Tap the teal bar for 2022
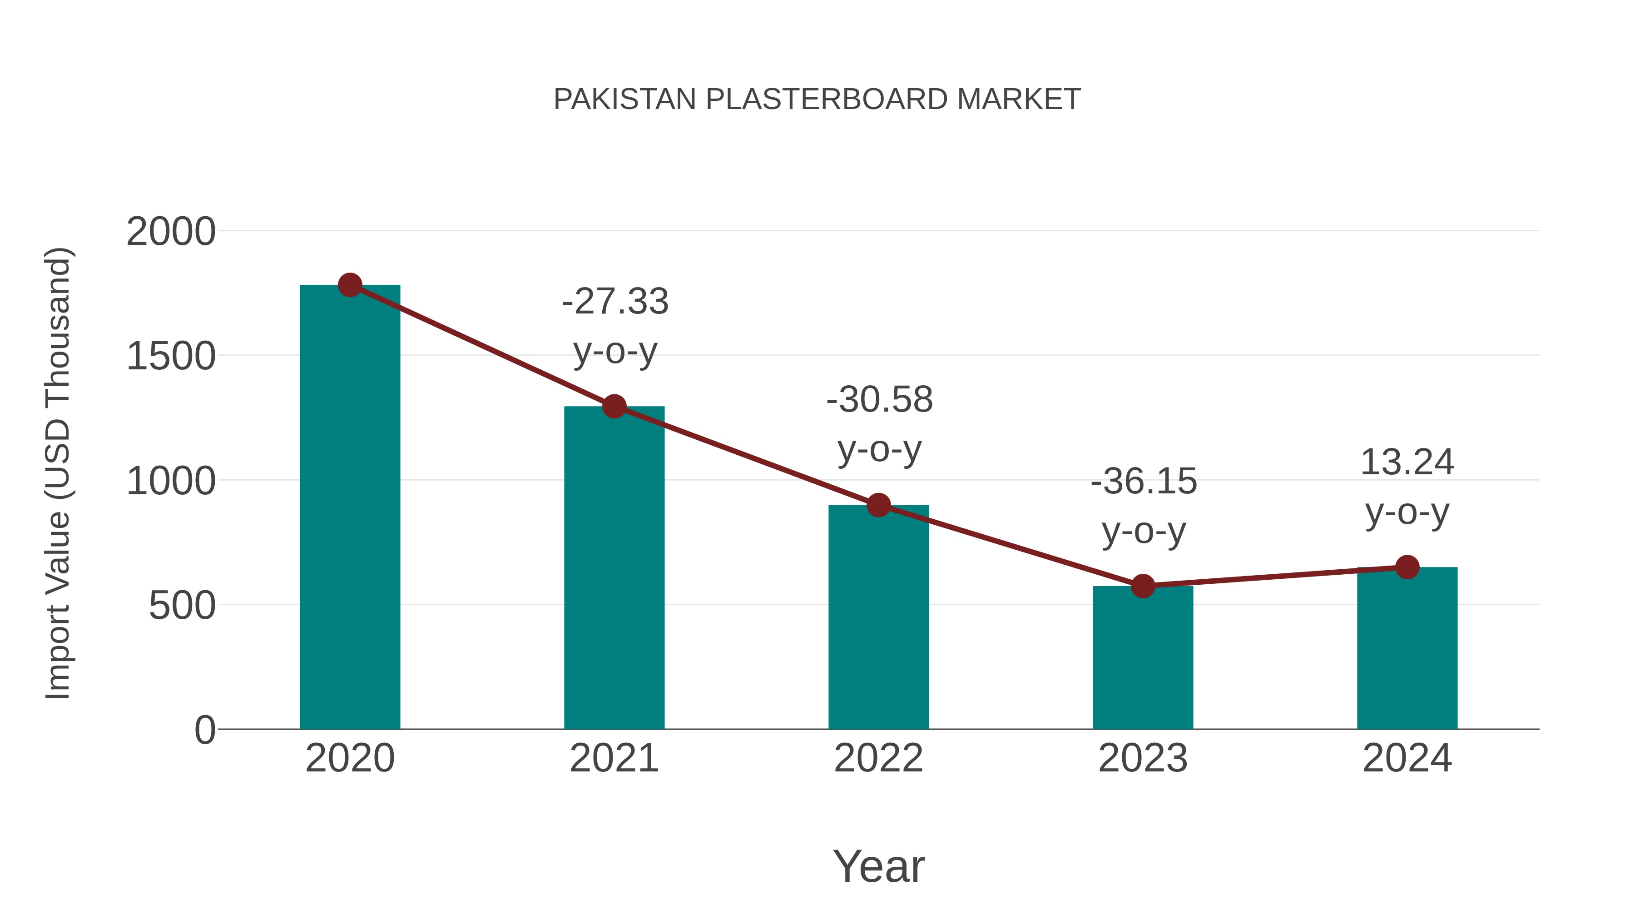coord(878,622)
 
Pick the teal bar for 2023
coord(1143,660)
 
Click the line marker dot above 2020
coord(350,285)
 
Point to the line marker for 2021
coord(614,406)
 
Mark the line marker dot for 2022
coord(878,505)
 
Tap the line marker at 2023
coord(1143,586)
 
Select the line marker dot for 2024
coord(1407,567)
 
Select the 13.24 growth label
coord(1407,462)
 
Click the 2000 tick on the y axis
coord(171,232)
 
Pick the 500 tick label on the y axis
coord(182,606)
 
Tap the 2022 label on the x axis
coord(878,758)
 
